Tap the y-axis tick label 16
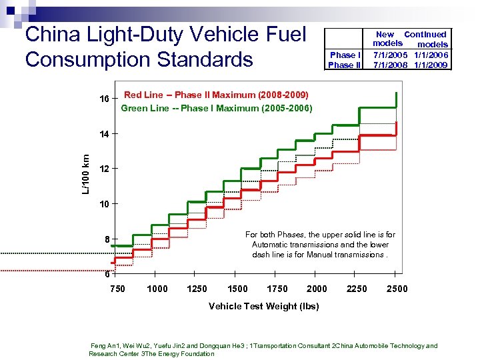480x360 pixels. pos(104,99)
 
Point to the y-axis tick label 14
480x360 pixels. pos(104,134)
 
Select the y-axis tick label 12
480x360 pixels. pos(104,169)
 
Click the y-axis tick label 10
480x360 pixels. pos(104,203)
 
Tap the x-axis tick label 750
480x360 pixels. pos(118,289)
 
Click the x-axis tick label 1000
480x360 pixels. pos(157,289)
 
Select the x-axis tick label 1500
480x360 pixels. pos(237,289)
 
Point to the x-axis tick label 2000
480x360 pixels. pos(317,289)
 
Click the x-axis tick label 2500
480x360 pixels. pos(397,289)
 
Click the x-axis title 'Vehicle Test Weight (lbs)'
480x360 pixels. pos(263,307)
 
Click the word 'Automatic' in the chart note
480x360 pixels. pos(273,245)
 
